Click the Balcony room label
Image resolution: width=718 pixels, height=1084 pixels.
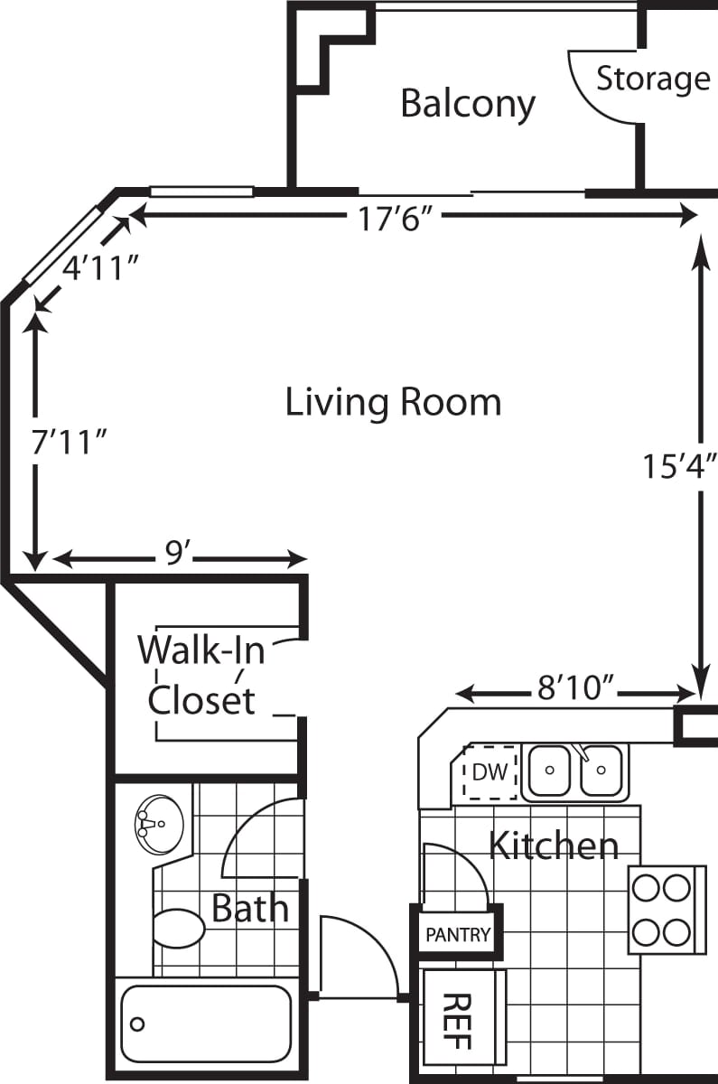468,104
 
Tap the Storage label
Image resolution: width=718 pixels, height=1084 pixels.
652,79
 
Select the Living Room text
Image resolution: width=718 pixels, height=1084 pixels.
393,402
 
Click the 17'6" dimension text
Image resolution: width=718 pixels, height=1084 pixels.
390,218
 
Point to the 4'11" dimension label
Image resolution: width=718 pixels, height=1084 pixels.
98,267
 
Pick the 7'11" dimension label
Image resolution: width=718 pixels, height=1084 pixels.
70,443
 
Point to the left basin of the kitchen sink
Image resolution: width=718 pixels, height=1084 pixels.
549,771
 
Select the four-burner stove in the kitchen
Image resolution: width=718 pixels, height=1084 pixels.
666,910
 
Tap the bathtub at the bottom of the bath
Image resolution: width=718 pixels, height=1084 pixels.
207,1023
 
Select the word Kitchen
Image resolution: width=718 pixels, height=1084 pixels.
553,846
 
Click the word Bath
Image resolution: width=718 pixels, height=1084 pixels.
250,908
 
